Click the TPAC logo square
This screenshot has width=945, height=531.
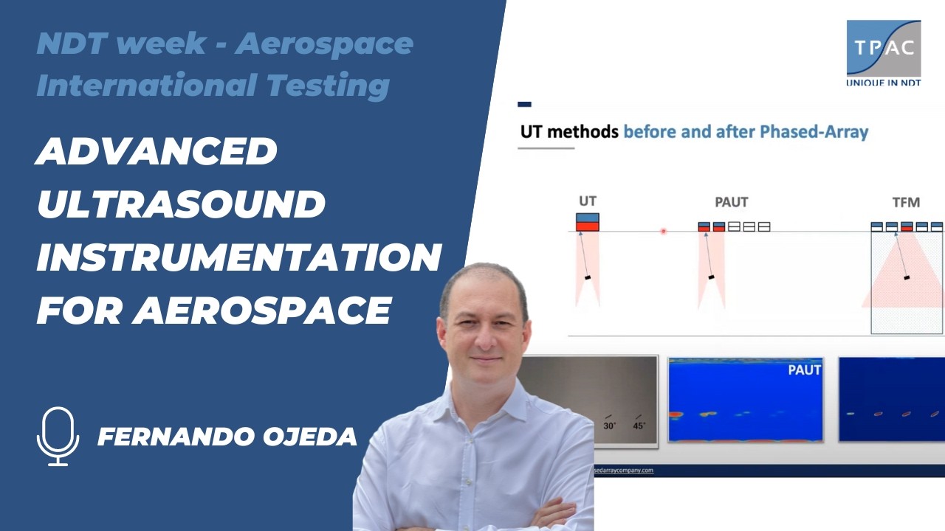point(883,48)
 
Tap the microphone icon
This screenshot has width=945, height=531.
point(58,436)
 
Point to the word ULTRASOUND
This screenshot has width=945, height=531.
point(181,204)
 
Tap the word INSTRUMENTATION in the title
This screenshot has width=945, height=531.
point(238,257)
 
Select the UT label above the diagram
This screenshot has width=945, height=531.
point(588,201)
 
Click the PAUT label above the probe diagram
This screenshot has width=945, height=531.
point(731,201)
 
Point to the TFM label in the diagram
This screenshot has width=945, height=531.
point(905,201)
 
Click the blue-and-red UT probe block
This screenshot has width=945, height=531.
point(588,222)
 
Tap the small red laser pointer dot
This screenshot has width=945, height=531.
point(663,231)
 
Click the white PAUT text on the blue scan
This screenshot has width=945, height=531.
point(804,369)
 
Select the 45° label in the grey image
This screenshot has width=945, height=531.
point(639,426)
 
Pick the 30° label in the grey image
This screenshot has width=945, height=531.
point(610,426)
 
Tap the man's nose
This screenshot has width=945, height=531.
point(483,339)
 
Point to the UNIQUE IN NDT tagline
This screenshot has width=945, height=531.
point(883,83)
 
